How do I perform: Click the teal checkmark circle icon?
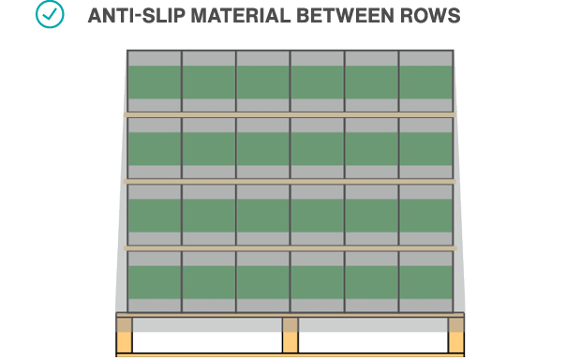(50, 15)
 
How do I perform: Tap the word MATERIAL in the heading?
(230, 17)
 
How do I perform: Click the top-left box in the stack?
(155, 82)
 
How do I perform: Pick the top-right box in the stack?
(426, 82)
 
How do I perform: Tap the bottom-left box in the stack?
(155, 280)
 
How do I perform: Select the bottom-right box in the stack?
(426, 280)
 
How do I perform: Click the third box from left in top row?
(263, 82)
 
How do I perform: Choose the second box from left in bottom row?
(209, 280)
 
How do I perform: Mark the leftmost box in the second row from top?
(155, 148)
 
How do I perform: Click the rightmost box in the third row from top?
(426, 215)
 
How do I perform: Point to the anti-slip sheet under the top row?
(290, 114)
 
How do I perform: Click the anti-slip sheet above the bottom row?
(290, 248)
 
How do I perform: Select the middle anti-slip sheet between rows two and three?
(290, 181)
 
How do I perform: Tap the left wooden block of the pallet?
(124, 336)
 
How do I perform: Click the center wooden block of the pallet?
(290, 336)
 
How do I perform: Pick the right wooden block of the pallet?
(456, 336)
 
